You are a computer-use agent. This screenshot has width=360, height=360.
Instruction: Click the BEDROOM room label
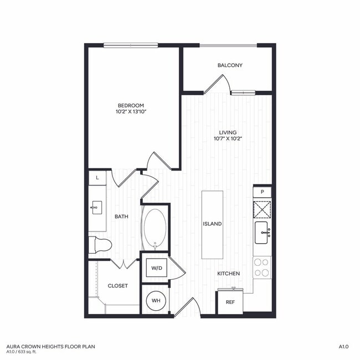(131, 106)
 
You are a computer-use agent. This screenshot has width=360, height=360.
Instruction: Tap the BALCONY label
(230, 65)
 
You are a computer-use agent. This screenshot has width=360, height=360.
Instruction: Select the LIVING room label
(228, 132)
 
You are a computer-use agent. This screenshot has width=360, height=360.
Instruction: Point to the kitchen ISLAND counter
(212, 224)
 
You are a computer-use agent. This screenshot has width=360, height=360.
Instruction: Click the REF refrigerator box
(230, 302)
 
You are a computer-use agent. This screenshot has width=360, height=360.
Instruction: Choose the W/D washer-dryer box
(157, 269)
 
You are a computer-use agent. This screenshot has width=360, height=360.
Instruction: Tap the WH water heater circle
(156, 300)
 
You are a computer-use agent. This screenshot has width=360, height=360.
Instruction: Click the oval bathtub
(155, 228)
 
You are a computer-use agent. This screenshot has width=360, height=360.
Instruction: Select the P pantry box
(262, 192)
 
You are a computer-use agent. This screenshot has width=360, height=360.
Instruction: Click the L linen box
(97, 178)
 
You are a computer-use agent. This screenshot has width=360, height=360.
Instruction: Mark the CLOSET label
(117, 286)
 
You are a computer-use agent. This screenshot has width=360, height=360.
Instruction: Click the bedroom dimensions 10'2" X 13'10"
(131, 112)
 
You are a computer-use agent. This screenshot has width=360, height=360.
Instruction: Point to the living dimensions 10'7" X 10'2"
(228, 139)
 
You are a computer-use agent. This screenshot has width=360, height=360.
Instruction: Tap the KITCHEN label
(228, 274)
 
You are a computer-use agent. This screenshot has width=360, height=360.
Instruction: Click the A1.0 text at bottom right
(343, 347)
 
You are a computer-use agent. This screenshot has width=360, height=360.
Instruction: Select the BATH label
(122, 217)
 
